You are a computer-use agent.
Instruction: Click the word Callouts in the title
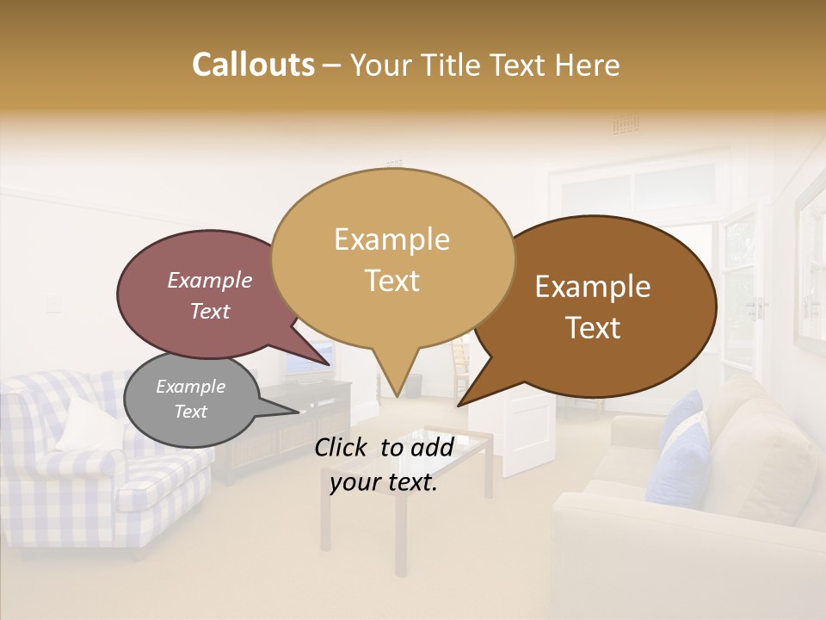click(253, 65)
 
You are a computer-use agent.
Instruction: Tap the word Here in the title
click(589, 65)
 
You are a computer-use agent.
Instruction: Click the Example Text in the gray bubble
click(190, 399)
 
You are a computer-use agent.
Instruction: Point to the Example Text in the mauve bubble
click(210, 295)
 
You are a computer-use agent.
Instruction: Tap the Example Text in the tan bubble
click(392, 259)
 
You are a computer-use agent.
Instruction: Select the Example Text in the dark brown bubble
click(593, 307)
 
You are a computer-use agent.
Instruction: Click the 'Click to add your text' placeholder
click(384, 464)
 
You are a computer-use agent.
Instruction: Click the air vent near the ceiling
click(626, 126)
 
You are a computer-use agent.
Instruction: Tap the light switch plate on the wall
click(53, 302)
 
